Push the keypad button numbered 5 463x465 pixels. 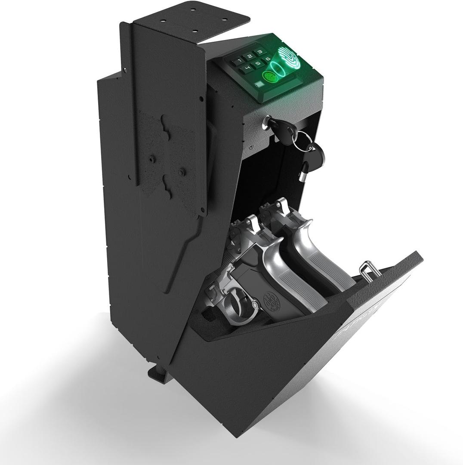click(x=258, y=63)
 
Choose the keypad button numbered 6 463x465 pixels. click(x=268, y=59)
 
